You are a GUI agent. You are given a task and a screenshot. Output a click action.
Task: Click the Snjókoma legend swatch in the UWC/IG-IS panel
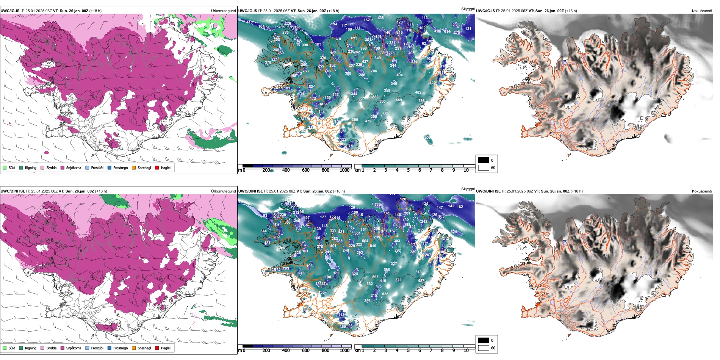pyautogui.click(x=63, y=167)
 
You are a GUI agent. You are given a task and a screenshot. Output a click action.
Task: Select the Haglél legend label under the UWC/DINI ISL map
pyautogui.click(x=166, y=348)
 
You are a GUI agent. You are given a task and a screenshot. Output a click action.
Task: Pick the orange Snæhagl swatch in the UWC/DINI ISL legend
pyautogui.click(x=134, y=348)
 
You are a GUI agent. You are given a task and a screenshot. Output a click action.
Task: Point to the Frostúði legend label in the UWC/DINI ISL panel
pyautogui.click(x=97, y=348)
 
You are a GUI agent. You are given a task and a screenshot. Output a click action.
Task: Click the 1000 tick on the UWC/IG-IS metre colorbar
pyautogui.click(x=344, y=170)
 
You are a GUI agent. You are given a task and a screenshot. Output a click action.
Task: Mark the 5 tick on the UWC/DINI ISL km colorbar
pyautogui.click(x=408, y=351)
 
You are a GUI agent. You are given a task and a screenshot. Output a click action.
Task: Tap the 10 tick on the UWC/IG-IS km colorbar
pyautogui.click(x=466, y=170)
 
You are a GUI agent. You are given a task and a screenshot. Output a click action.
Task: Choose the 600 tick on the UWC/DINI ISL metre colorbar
pyautogui.click(x=306, y=351)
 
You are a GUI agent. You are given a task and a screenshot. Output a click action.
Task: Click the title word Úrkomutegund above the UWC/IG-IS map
pyautogui.click(x=223, y=11)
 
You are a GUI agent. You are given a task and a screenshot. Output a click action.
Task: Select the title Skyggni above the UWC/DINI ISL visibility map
pyautogui.click(x=468, y=189)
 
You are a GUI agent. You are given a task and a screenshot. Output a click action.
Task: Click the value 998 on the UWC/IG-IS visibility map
pyautogui.click(x=305, y=45)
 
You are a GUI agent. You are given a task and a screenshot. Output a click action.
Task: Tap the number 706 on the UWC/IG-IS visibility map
pyautogui.click(x=374, y=71)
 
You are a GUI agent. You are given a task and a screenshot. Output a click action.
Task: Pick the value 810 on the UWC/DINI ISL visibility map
pyautogui.click(x=373, y=246)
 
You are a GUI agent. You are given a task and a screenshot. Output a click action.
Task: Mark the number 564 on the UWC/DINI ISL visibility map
pyautogui.click(x=365, y=241)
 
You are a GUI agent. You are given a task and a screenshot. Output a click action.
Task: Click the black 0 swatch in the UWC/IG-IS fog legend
pyautogui.click(x=484, y=160)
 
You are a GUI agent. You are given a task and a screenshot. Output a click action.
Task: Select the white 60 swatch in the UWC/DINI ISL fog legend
pyautogui.click(x=484, y=348)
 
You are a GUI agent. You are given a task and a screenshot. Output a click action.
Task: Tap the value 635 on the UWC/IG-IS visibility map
pyautogui.click(x=354, y=38)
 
